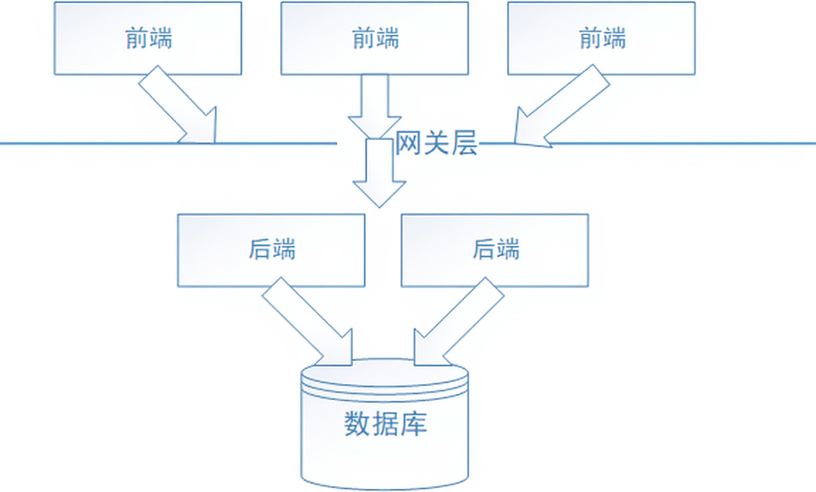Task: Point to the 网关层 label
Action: (436, 144)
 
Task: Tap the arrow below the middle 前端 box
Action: (374, 105)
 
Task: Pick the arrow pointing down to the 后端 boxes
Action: (379, 172)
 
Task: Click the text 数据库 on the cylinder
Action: (385, 424)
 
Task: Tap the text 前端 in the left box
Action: (148, 39)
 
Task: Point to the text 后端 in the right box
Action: (495, 250)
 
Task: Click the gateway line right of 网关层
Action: (676, 143)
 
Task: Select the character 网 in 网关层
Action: (408, 144)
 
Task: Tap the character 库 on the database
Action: (414, 424)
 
